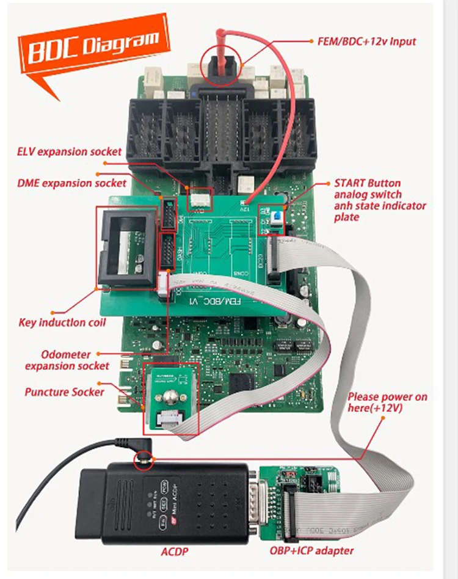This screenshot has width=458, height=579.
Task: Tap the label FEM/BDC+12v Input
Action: (x=366, y=42)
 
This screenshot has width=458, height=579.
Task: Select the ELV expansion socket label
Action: (x=69, y=151)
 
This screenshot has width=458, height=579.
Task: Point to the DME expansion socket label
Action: (x=71, y=183)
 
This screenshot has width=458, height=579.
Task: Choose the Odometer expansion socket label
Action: (x=67, y=360)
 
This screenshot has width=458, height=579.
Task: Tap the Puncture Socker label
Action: (x=65, y=391)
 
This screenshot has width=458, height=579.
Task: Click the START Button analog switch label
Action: (x=380, y=200)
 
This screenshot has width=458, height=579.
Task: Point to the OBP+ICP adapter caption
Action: (x=311, y=551)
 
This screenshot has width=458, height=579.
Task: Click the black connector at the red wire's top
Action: (x=222, y=64)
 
